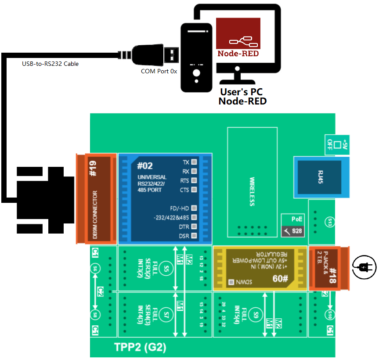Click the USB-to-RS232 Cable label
coord(51,64)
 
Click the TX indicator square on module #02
coord(194,162)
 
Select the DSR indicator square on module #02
coord(194,236)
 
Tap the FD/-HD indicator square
coord(194,208)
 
